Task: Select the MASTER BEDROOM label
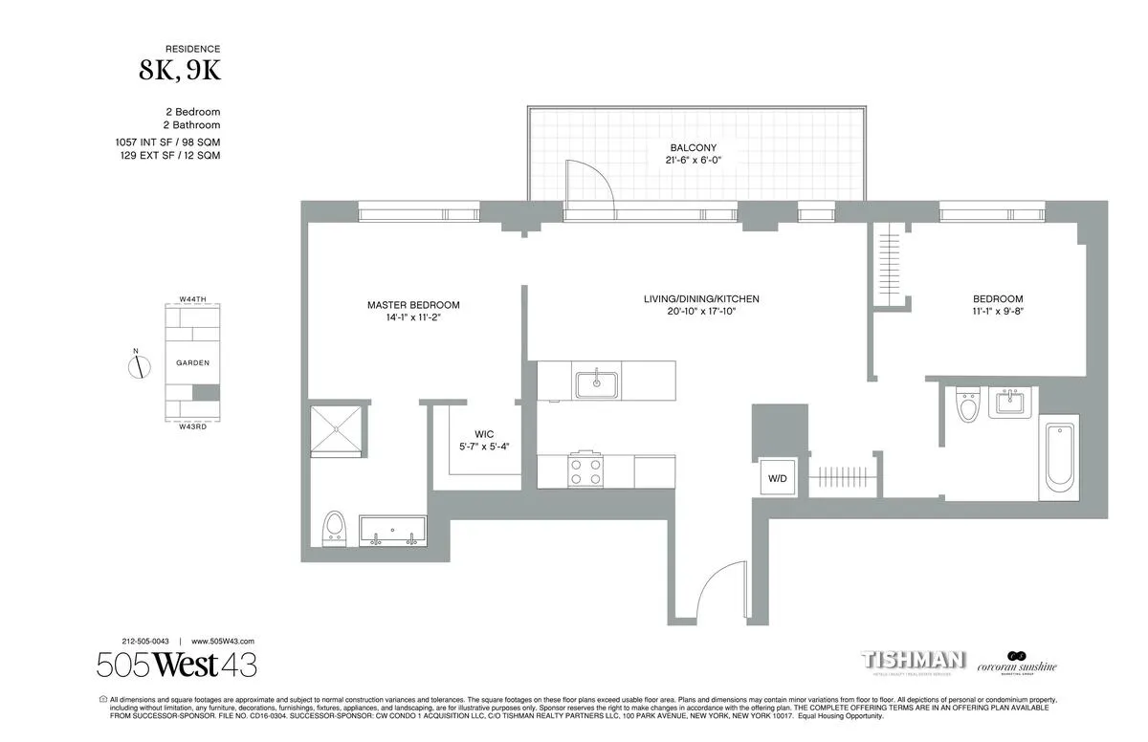pos(413,305)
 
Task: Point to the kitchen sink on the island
pos(597,384)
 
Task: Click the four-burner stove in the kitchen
pos(586,471)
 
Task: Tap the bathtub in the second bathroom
pos(1058,458)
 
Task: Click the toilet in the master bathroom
pos(334,527)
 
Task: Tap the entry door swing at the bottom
pos(718,588)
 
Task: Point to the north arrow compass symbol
pos(136,364)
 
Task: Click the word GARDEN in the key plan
pos(192,363)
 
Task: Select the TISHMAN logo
pos(915,661)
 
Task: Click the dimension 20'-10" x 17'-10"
pos(701,312)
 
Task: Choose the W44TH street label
pos(192,299)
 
